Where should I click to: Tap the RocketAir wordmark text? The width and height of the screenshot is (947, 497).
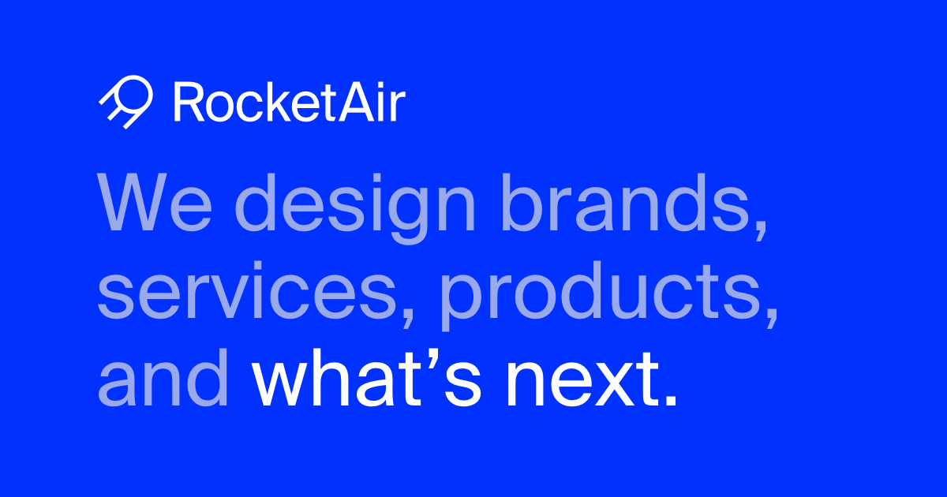click(288, 103)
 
